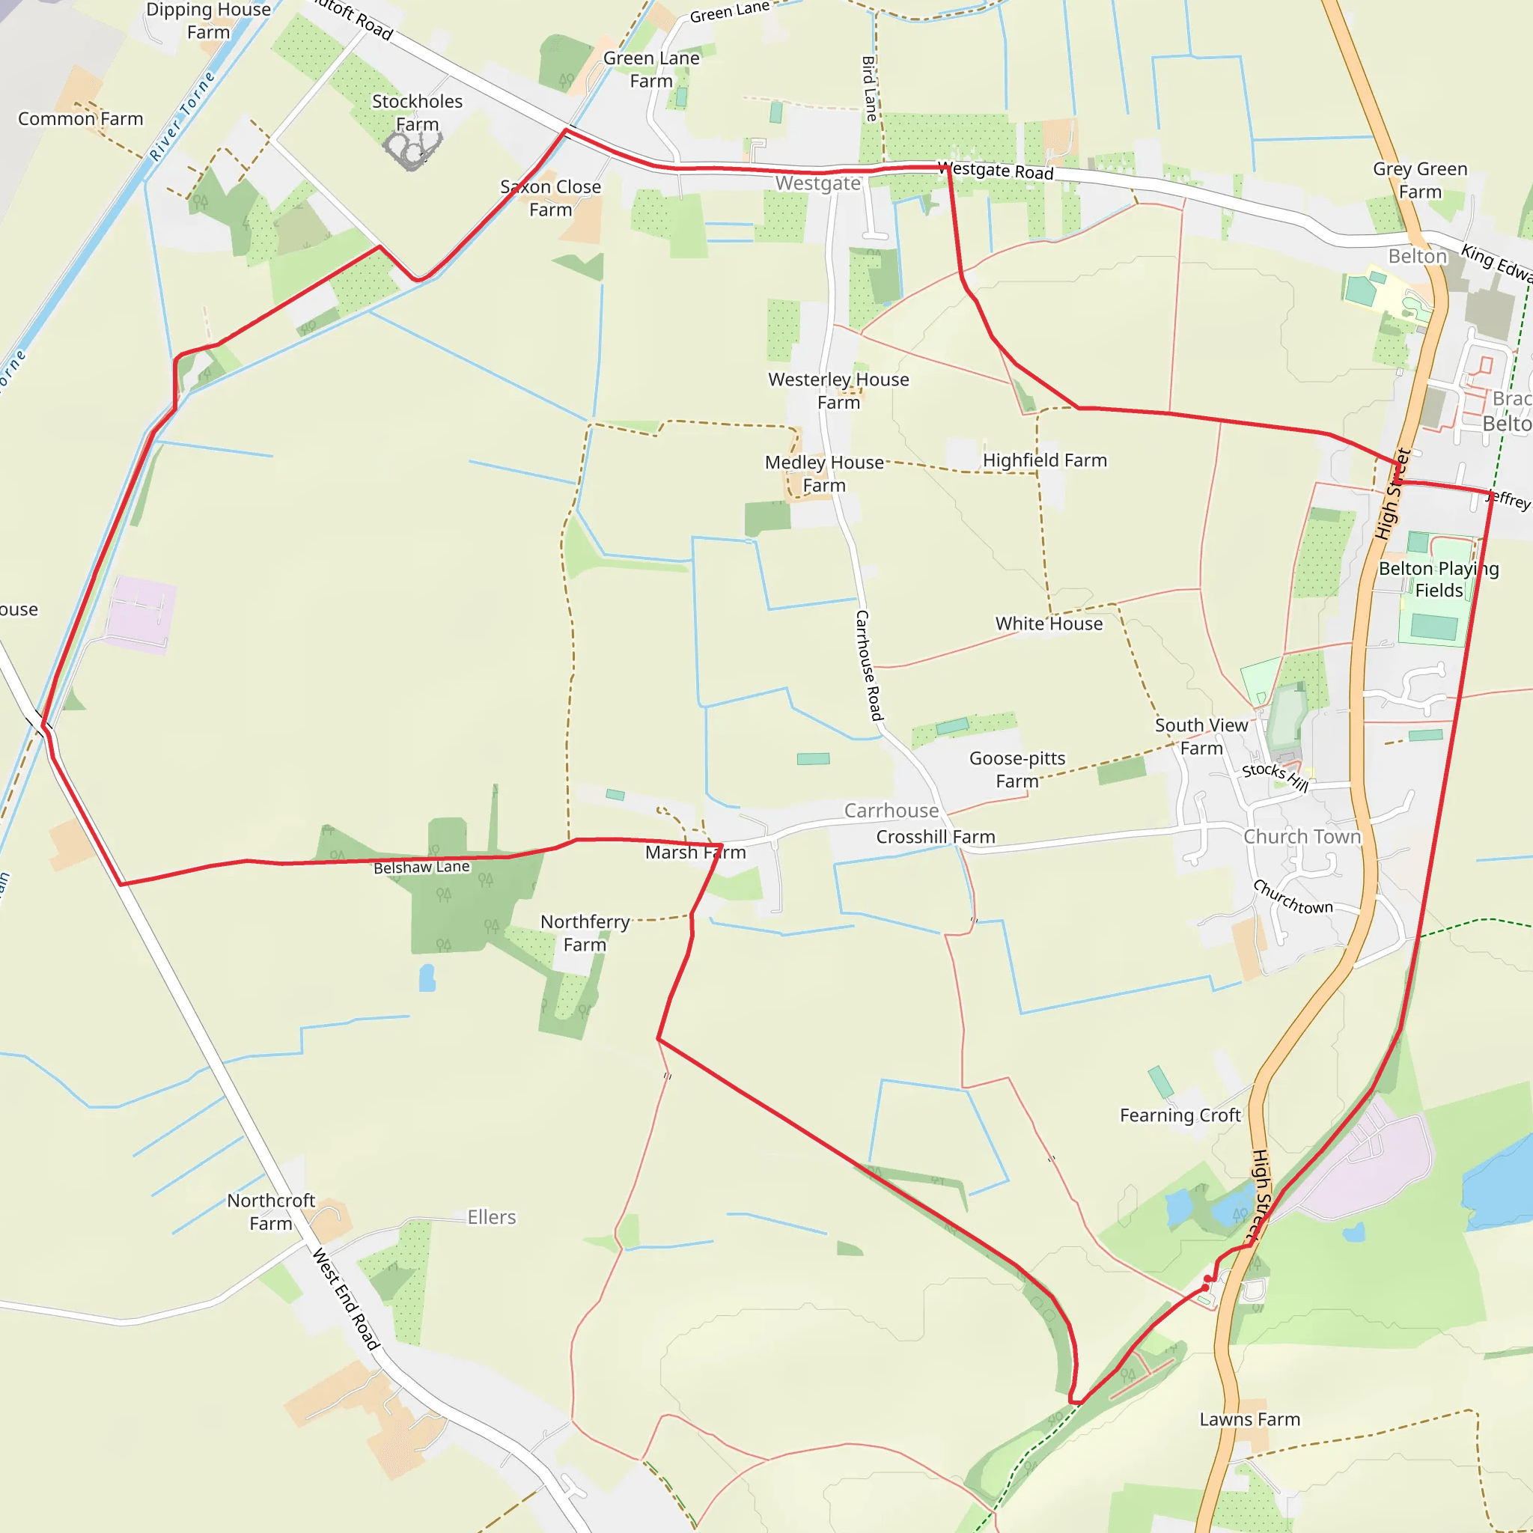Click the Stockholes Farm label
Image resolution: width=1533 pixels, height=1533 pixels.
pyautogui.click(x=418, y=113)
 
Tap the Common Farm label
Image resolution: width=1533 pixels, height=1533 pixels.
pyautogui.click(x=80, y=119)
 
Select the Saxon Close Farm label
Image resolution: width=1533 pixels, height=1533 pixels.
pyautogui.click(x=551, y=198)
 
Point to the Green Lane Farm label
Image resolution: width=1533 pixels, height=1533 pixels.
pyautogui.click(x=651, y=70)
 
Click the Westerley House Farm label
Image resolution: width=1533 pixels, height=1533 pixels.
pyautogui.click(x=838, y=391)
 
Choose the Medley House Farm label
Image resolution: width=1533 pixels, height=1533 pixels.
pyautogui.click(x=824, y=473)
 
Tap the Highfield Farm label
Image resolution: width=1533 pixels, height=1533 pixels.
pyautogui.click(x=1044, y=460)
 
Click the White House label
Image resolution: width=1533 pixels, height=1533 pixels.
pyautogui.click(x=1049, y=624)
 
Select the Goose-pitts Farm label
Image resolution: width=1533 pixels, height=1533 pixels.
pyautogui.click(x=1017, y=769)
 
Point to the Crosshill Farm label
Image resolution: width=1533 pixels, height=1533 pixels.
pyautogui.click(x=936, y=836)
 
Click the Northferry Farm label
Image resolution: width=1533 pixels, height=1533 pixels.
pyautogui.click(x=585, y=933)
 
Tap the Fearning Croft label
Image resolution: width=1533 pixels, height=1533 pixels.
pyautogui.click(x=1180, y=1115)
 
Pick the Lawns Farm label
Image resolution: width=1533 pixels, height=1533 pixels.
pyautogui.click(x=1250, y=1418)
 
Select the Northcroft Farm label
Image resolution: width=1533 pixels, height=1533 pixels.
pyautogui.click(x=272, y=1212)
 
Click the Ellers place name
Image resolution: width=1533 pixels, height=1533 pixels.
pyautogui.click(x=491, y=1217)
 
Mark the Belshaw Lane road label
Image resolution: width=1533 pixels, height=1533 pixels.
pyautogui.click(x=421, y=868)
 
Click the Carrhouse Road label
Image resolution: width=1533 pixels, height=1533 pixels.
pyautogui.click(x=869, y=665)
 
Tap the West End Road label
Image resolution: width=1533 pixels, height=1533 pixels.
pyautogui.click(x=346, y=1298)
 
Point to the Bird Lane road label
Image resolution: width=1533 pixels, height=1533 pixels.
pyautogui.click(x=870, y=88)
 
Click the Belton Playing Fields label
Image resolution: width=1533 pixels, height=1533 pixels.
pyautogui.click(x=1439, y=579)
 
